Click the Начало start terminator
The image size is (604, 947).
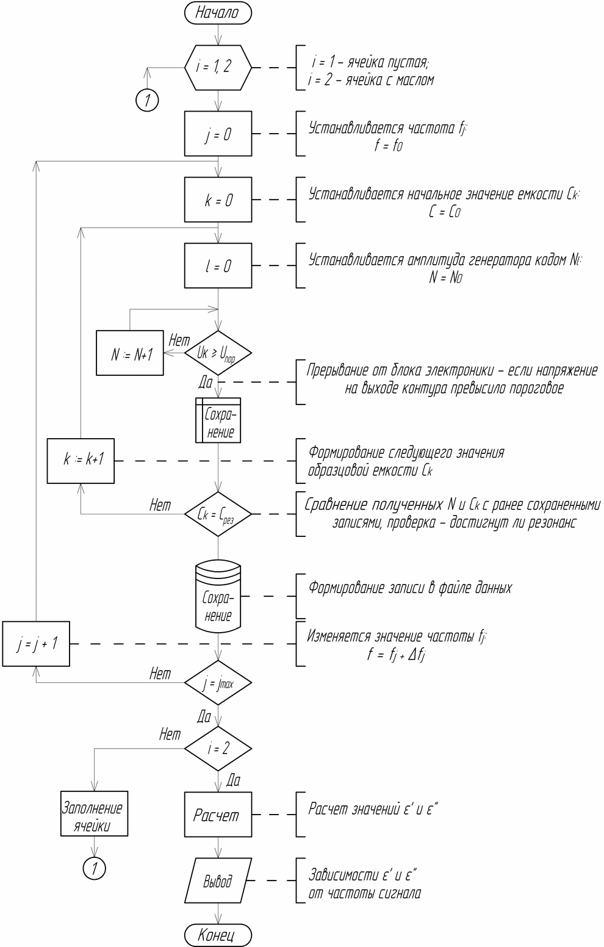218,12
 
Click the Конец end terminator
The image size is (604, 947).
218,935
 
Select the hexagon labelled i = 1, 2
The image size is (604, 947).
218,67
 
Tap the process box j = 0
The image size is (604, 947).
218,134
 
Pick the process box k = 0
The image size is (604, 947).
218,200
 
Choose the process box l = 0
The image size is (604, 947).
218,266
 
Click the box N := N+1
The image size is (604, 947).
129,353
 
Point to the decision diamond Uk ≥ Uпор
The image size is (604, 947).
218,353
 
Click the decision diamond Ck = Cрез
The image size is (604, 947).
218,514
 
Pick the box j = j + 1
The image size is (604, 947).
36,643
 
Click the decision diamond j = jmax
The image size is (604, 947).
218,683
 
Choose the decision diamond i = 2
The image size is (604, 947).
218,749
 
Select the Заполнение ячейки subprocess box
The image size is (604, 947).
94,815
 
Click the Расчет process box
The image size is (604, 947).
218,815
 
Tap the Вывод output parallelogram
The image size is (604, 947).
218,881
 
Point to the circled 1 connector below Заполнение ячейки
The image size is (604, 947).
94,868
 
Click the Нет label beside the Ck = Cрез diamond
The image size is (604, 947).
160,506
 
